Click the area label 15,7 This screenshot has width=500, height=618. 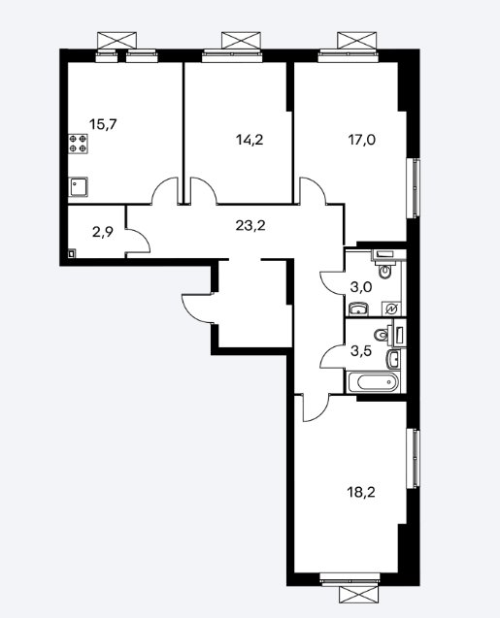point(103,124)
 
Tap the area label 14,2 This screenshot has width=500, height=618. point(250,140)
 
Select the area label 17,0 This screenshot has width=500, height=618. point(361,140)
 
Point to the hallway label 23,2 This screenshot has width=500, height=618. point(250,226)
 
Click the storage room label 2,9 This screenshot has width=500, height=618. point(103,232)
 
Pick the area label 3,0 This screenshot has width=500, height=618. point(361,287)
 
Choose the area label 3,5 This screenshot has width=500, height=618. point(361,350)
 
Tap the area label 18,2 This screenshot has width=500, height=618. point(361,492)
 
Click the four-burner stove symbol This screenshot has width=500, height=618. point(78,144)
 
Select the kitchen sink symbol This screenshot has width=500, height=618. point(79,187)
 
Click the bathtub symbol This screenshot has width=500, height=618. point(373,382)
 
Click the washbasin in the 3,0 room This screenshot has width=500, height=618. point(358,309)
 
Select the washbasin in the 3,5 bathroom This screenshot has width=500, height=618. point(393,359)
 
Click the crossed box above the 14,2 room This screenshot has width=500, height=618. point(241,41)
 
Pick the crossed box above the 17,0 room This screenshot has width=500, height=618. point(356,41)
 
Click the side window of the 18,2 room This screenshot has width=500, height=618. point(414,459)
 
